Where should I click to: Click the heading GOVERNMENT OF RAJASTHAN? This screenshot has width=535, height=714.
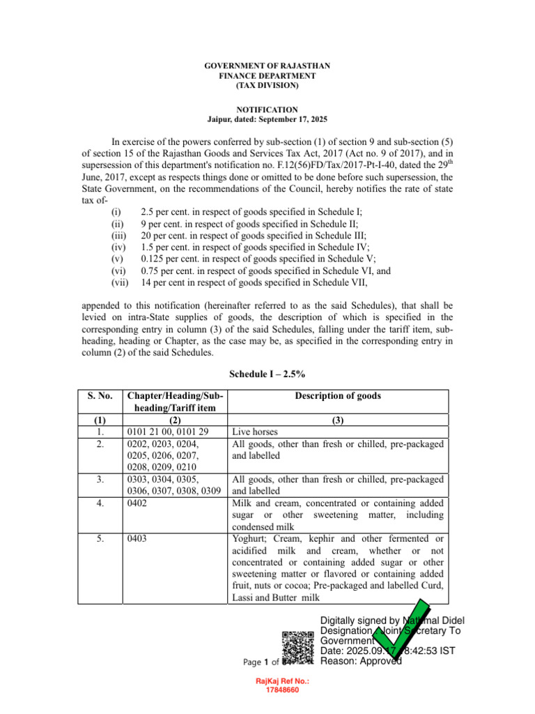[267, 66]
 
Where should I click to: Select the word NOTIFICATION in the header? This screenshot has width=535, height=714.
[267, 109]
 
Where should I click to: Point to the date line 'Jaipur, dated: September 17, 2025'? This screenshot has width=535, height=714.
[267, 120]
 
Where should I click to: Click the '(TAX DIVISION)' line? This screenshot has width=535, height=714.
[267, 86]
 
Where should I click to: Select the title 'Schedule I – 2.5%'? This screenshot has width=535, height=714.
[267, 374]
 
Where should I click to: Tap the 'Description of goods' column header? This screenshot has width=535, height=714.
[338, 396]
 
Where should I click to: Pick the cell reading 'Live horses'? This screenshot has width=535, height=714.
[254, 432]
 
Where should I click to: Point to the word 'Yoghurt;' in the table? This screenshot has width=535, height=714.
[250, 539]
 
